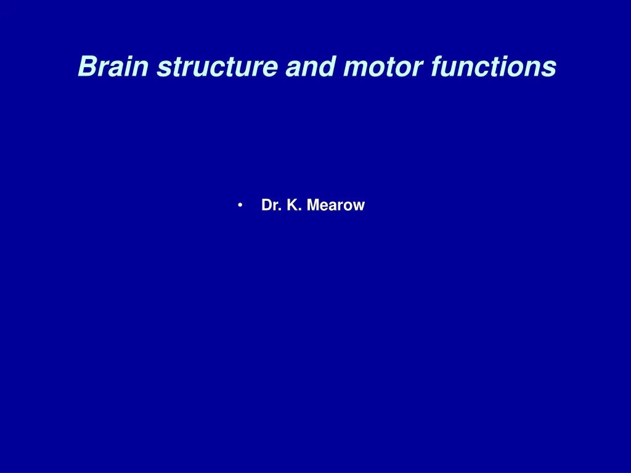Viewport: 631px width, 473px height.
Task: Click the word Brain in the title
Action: (x=113, y=66)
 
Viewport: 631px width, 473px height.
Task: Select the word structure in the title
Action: (x=218, y=66)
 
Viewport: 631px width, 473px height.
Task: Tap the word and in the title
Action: (x=311, y=66)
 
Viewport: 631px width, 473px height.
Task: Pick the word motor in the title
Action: (x=383, y=67)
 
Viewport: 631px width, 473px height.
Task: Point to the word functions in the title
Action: (x=494, y=66)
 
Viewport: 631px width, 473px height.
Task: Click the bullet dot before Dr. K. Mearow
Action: (x=240, y=206)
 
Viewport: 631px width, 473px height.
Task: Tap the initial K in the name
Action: (x=291, y=204)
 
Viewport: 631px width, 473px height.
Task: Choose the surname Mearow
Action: (x=336, y=204)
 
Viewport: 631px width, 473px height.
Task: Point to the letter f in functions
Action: (x=438, y=66)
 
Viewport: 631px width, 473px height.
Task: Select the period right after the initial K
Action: (x=300, y=210)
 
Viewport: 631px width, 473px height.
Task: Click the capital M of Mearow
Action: (x=314, y=204)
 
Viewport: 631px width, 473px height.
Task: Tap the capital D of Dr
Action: (x=267, y=204)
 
